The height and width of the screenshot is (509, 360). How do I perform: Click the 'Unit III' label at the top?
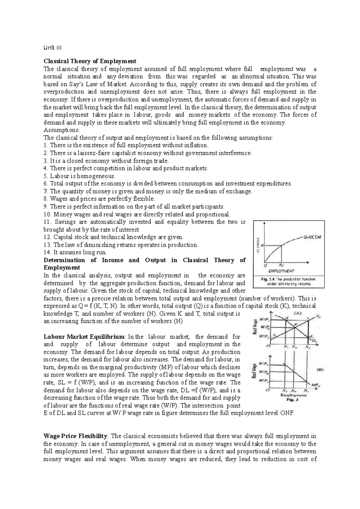pyautogui.click(x=52, y=48)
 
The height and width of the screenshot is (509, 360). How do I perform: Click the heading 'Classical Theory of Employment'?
pyautogui.click(x=90, y=61)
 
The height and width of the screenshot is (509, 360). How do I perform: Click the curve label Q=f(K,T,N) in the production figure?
pyautogui.click(x=312, y=237)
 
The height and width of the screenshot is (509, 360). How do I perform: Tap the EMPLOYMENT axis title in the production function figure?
pyautogui.click(x=281, y=270)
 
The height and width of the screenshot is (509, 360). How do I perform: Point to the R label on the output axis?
pyautogui.click(x=263, y=246)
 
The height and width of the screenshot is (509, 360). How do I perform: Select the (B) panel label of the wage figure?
pyautogui.click(x=320, y=370)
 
